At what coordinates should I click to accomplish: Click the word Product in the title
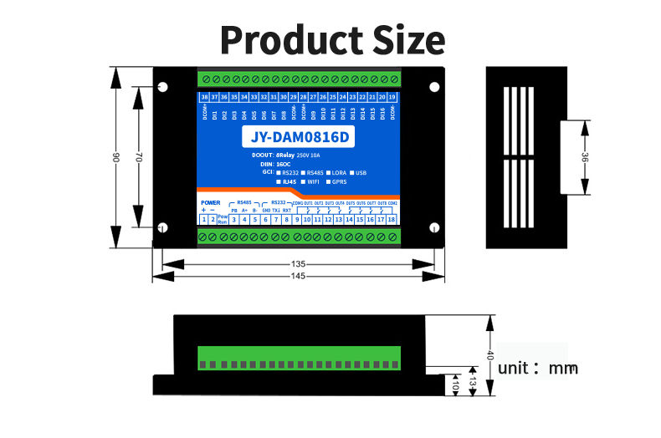279,40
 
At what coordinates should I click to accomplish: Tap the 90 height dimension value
116,157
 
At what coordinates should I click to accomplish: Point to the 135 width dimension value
299,263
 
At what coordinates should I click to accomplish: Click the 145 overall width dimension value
299,276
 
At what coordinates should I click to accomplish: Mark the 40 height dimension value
490,355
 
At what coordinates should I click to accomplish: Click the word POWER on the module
211,203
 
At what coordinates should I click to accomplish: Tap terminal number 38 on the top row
204,97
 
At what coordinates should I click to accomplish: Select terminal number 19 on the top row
392,97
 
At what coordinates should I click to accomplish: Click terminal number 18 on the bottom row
392,219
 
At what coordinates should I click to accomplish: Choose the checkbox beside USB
351,172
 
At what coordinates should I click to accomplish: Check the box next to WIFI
302,181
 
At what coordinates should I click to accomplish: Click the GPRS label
339,181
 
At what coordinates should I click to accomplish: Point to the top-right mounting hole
434,86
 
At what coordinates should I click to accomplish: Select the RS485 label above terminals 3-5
244,202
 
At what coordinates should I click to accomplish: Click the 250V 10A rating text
315,155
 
